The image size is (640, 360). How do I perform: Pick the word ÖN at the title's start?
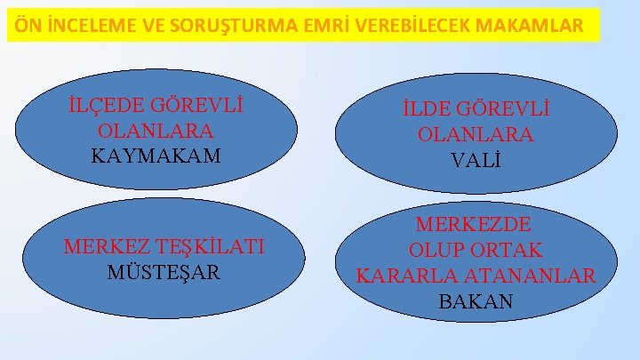[x=25, y=27]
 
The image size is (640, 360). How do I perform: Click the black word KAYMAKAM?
[x=156, y=156]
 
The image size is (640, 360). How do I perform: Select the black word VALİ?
[x=476, y=161]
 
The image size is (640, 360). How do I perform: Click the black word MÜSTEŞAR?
[x=163, y=271]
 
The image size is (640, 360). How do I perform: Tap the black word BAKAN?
[x=476, y=301]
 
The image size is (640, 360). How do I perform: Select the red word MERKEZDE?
[x=476, y=224]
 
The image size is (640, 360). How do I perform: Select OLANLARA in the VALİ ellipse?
[x=476, y=135]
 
